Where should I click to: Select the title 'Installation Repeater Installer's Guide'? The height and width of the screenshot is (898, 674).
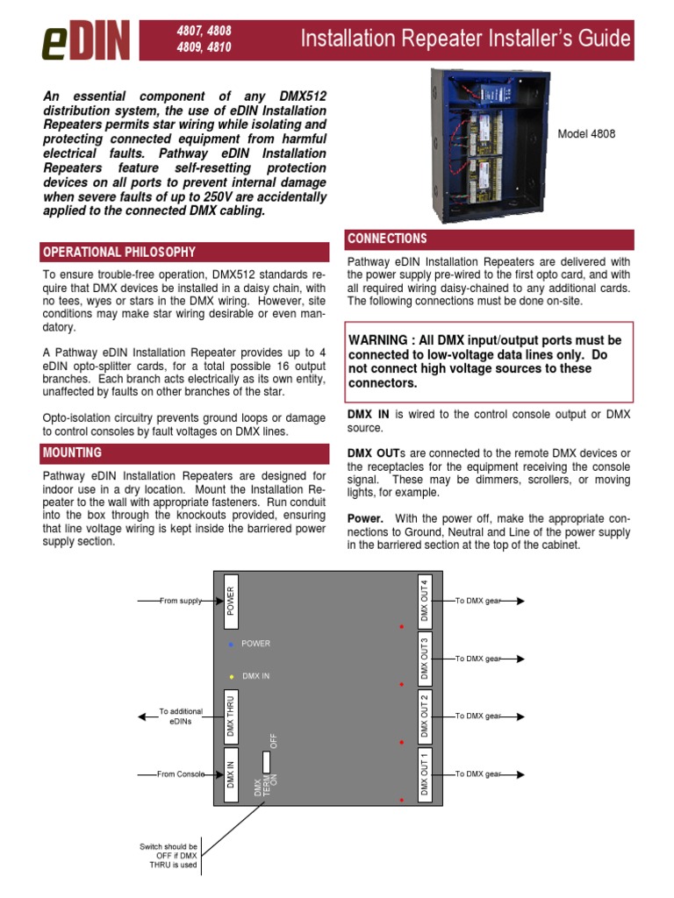[x=465, y=39]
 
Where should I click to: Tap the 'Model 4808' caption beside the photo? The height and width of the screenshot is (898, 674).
[x=586, y=134]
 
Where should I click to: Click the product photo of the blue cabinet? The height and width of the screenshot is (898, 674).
[x=489, y=146]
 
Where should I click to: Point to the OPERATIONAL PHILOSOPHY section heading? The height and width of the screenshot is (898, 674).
[x=119, y=253]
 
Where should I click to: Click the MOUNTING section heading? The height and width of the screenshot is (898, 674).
[x=72, y=453]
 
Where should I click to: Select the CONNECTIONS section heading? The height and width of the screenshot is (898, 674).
[x=387, y=239]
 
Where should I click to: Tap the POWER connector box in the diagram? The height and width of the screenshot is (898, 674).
[x=231, y=601]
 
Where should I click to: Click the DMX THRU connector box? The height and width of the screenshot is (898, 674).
[x=231, y=716]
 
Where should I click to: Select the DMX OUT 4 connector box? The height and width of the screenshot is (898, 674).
[x=425, y=601]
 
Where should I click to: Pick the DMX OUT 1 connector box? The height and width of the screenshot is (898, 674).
[x=425, y=774]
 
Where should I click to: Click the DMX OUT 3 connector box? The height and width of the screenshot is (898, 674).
[x=425, y=658]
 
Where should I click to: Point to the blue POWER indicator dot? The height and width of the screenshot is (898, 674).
[x=231, y=644]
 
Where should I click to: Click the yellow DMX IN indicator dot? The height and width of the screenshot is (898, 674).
[x=231, y=676]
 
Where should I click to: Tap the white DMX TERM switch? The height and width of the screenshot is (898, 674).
[x=265, y=760]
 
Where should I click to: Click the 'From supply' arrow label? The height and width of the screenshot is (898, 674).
[x=181, y=601]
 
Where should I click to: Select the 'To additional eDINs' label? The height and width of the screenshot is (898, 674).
[x=181, y=716]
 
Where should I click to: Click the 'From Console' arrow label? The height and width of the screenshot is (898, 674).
[x=181, y=774]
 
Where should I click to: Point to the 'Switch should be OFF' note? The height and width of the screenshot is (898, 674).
[x=168, y=856]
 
